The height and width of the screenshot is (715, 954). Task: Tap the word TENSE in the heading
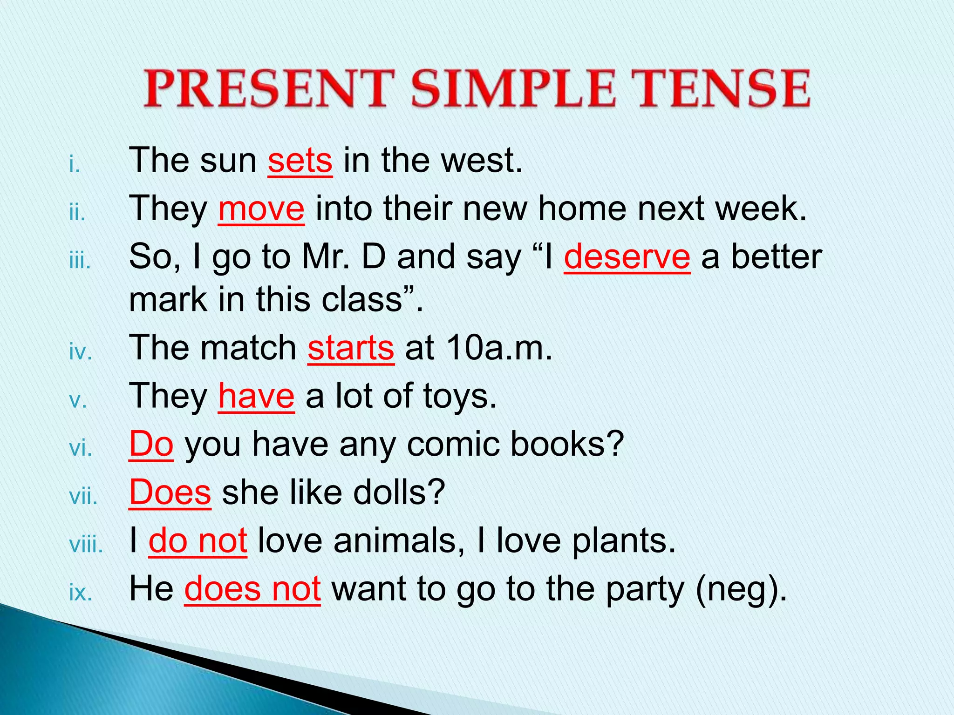coord(720,88)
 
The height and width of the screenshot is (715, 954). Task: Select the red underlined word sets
coord(300,161)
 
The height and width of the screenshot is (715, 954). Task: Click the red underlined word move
coord(261,209)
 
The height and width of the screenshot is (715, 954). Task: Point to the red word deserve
coord(627,257)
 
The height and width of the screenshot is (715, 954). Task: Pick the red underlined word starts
coord(351,348)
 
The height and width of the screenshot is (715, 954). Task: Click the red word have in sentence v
coord(256,397)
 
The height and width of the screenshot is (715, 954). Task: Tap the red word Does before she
coord(170,492)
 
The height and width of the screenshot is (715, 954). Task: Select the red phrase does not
coord(252,589)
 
